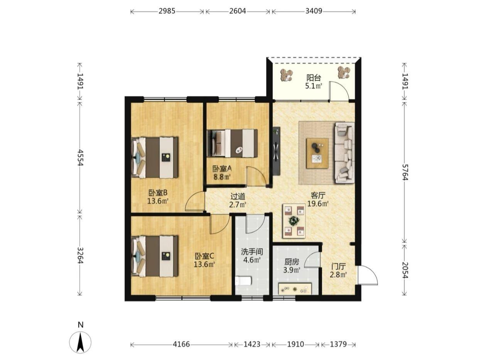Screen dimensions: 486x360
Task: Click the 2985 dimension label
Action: [x=167, y=11]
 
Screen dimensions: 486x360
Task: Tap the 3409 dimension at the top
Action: [x=314, y=11]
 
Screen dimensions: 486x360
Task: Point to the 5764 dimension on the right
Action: [x=405, y=172]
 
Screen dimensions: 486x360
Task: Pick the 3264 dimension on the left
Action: [x=80, y=255]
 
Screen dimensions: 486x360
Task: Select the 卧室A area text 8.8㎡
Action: [x=222, y=177]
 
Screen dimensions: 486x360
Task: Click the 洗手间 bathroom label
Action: [x=252, y=252]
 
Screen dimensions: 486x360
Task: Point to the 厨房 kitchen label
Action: [x=292, y=262]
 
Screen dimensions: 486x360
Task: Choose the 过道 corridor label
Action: [x=238, y=197]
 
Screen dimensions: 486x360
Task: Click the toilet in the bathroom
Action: [x=243, y=281]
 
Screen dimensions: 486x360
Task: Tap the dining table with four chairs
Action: [x=294, y=221]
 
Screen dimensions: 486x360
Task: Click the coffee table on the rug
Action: [x=317, y=153]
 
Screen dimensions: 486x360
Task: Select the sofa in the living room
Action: [x=344, y=153]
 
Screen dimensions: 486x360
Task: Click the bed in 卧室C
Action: [x=154, y=256]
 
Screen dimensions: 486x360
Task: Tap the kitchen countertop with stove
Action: [x=295, y=289]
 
